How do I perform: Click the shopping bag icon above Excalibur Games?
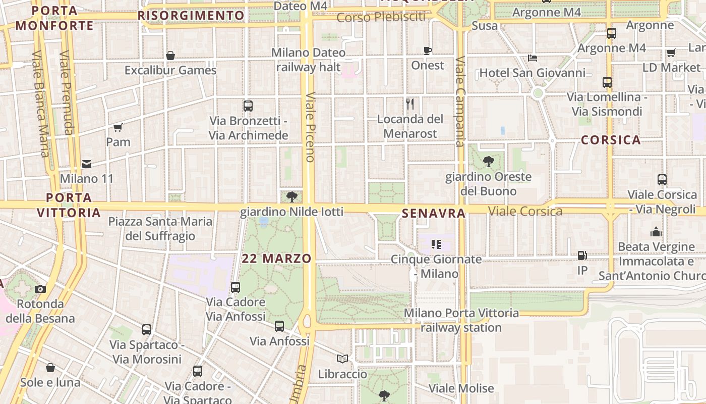[x=170, y=56]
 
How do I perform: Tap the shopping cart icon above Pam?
[x=118, y=127]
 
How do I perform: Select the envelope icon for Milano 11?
[x=87, y=164]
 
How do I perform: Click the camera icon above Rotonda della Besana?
[x=40, y=289]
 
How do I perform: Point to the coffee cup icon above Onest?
[x=428, y=50]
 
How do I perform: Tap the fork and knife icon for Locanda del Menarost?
[x=410, y=105]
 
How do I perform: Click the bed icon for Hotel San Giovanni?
[x=533, y=58]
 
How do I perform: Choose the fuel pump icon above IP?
[x=582, y=256]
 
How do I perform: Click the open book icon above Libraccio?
[x=342, y=359]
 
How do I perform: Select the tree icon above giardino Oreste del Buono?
[x=488, y=162]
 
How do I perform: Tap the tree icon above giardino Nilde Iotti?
[x=291, y=197]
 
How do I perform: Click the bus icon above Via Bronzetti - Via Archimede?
[x=248, y=106]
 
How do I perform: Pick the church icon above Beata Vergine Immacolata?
[x=656, y=232]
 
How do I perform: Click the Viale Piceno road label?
[x=310, y=126]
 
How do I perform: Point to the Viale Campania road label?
[x=460, y=101]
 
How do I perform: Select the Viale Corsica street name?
[x=525, y=211]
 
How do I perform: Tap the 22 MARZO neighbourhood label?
[x=276, y=259]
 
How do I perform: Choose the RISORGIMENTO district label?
[x=191, y=16]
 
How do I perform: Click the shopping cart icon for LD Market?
[x=671, y=53]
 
